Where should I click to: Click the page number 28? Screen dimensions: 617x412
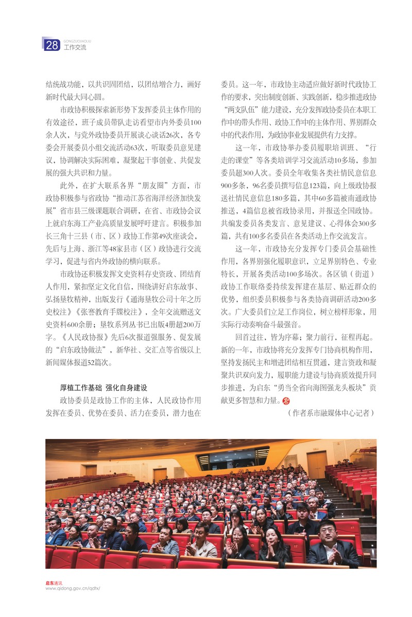pyautogui.click(x=52, y=46)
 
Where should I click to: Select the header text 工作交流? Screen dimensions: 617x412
pyautogui.click(x=75, y=48)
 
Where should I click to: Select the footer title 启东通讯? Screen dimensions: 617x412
pyautogui.click(x=54, y=583)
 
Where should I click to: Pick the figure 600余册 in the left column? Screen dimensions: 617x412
pyautogui.click(x=76, y=324)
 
